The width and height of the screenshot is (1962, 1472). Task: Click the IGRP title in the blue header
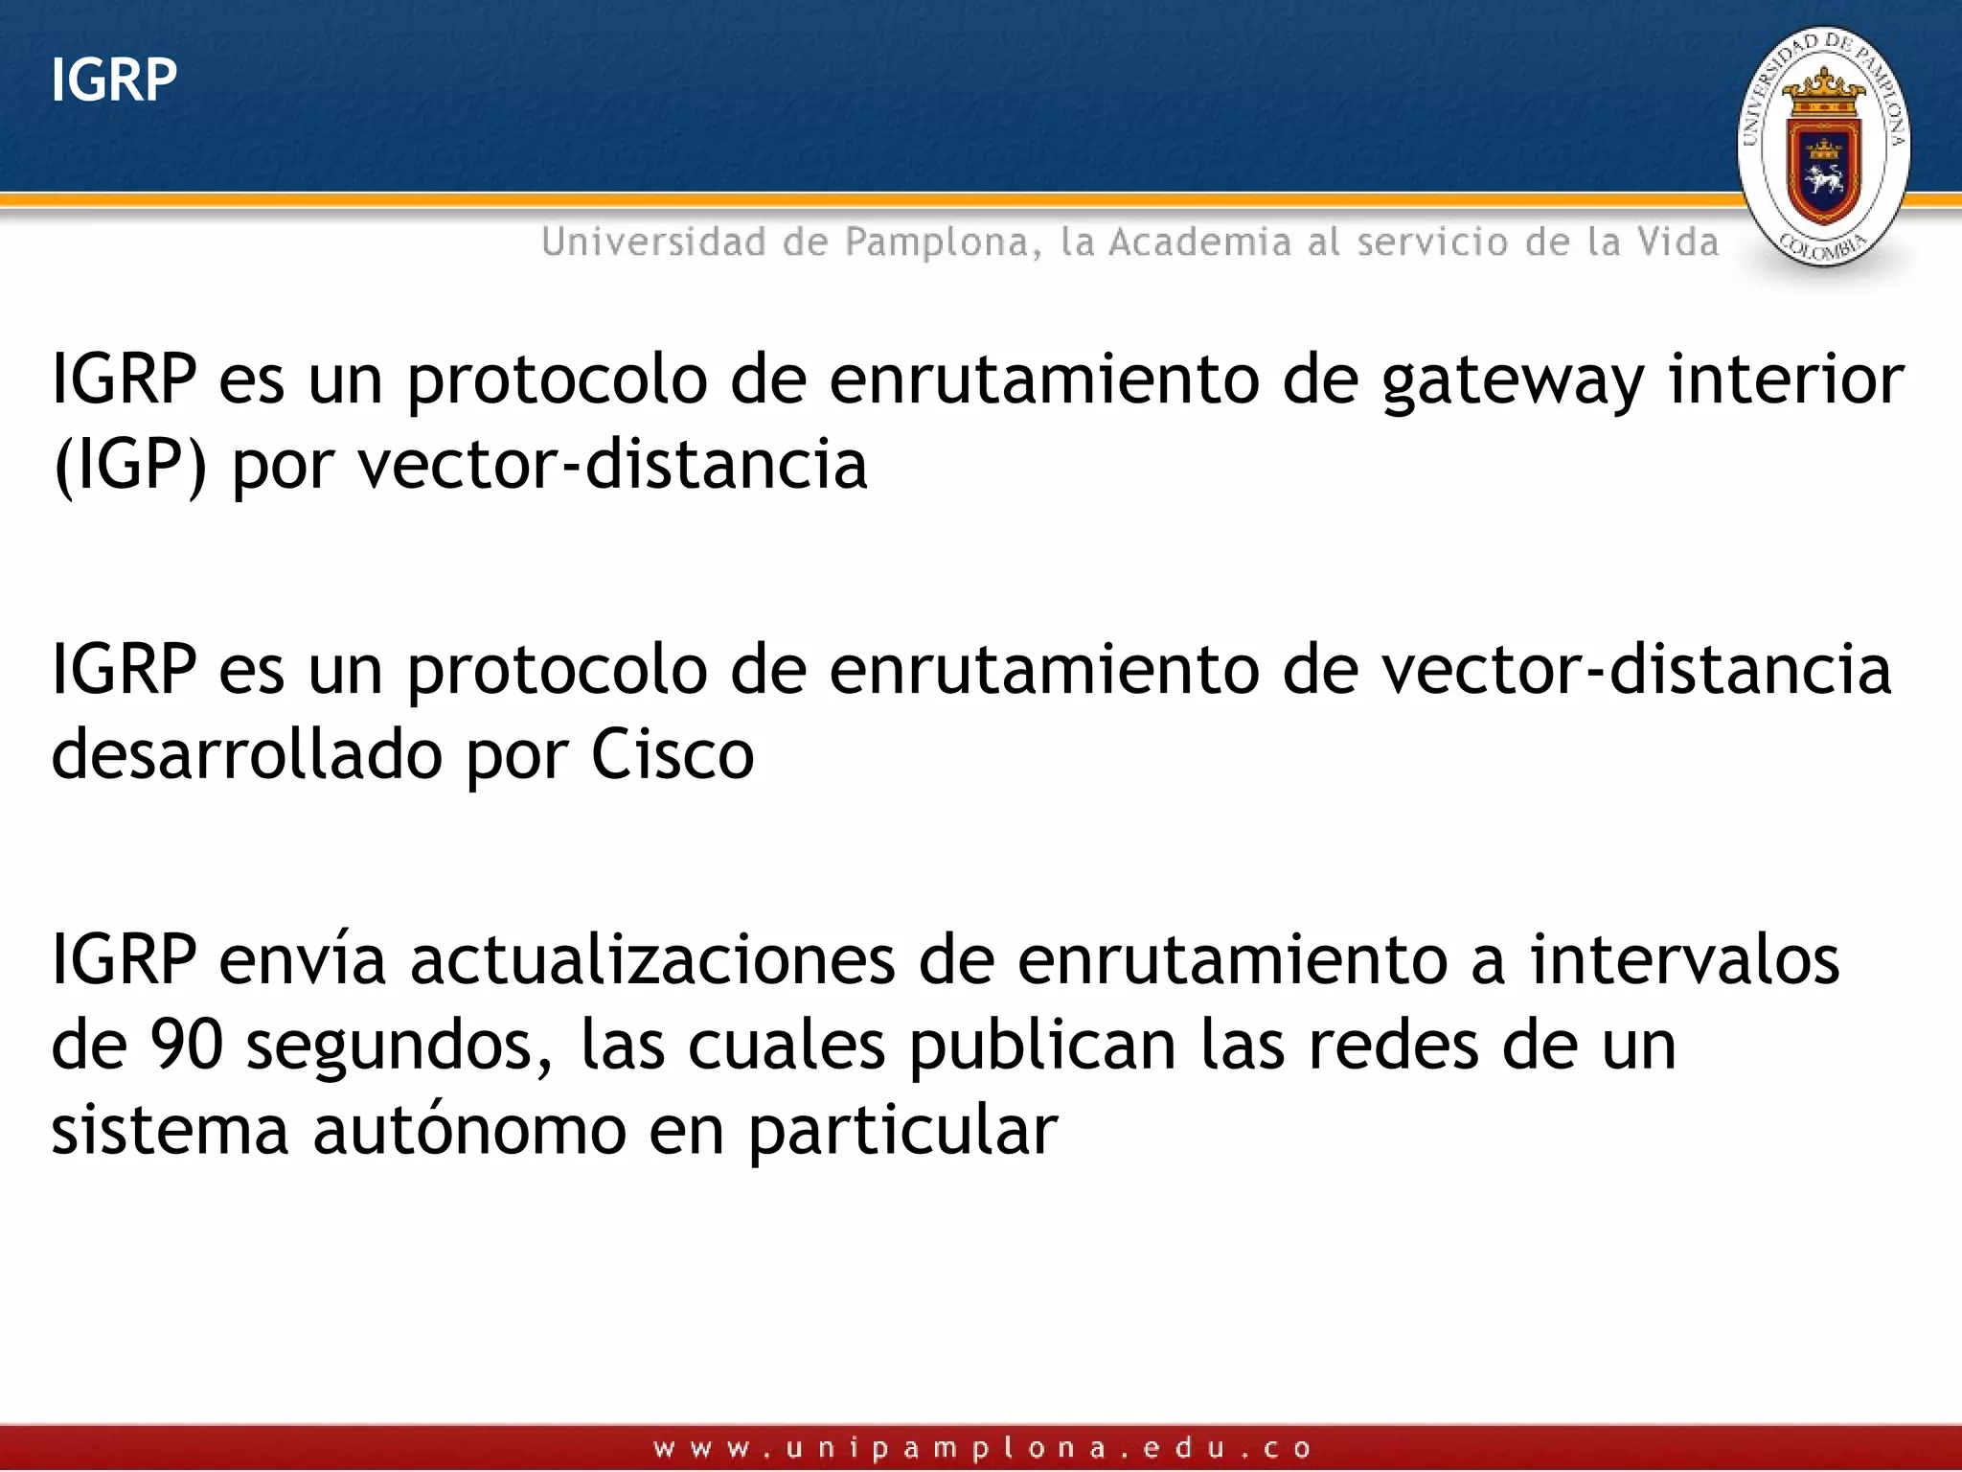tap(114, 80)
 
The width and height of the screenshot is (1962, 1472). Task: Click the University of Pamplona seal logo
tap(1823, 147)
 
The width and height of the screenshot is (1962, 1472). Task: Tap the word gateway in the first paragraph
tap(1513, 381)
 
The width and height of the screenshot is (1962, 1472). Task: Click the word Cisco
tap(673, 755)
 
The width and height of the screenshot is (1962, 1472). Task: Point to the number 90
tap(186, 1045)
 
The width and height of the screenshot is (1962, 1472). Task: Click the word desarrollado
tap(247, 755)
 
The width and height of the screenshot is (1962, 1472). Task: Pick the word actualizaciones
tap(652, 960)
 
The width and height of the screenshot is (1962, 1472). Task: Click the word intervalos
tap(1684, 960)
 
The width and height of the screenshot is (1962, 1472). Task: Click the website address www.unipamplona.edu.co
tap(983, 1447)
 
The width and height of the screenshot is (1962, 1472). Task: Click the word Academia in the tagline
tap(1199, 242)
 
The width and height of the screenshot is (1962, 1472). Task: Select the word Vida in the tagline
tap(1677, 242)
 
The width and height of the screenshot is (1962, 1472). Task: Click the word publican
tap(1042, 1046)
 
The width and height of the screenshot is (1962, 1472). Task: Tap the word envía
tap(302, 960)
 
